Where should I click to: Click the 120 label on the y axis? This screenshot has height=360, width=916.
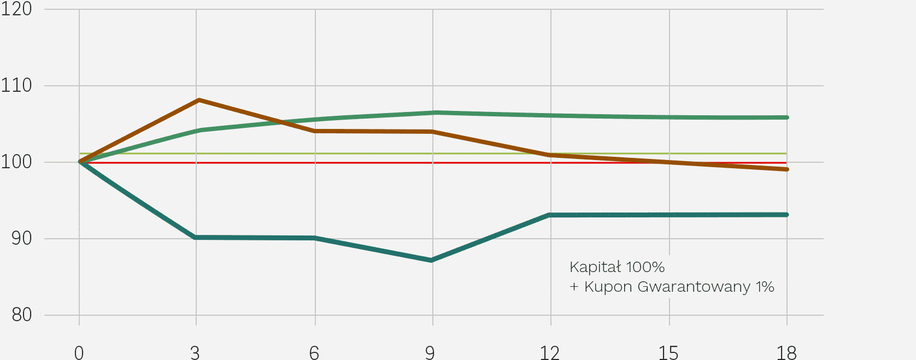(x=16, y=9)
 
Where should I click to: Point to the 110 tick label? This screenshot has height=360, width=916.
(x=16, y=85)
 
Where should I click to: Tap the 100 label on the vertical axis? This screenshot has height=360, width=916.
(x=16, y=162)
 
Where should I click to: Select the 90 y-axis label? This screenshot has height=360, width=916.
(x=21, y=238)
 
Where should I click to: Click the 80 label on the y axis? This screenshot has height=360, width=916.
(x=21, y=315)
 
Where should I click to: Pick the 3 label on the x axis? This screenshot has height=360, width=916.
(x=195, y=353)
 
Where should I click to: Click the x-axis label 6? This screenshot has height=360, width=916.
(x=314, y=353)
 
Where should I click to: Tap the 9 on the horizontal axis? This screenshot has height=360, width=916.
(x=430, y=353)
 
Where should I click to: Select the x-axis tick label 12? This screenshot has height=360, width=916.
(x=550, y=353)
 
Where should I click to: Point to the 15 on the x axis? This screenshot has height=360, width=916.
(x=668, y=353)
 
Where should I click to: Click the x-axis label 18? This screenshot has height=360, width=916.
(x=786, y=353)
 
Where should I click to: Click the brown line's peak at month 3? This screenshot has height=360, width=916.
(x=198, y=100)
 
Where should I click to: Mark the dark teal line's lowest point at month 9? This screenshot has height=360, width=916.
(x=431, y=260)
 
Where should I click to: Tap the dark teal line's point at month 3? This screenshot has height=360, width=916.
(x=196, y=237)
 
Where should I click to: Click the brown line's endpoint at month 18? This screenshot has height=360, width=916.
(x=786, y=169)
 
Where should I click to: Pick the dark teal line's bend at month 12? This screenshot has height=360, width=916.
(x=550, y=215)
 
